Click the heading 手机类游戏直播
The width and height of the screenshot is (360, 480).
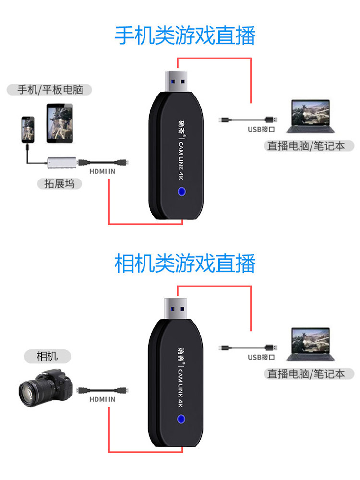click(185, 36)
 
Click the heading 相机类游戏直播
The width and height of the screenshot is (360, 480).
click(185, 264)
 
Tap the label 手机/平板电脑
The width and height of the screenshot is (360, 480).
click(48, 89)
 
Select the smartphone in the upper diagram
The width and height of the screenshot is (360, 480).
click(28, 128)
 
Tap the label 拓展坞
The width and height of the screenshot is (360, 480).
click(59, 183)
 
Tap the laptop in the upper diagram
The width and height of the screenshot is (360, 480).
click(310, 117)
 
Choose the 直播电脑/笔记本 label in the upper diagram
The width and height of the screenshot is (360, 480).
click(310, 146)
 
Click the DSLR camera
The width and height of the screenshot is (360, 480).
click(46, 388)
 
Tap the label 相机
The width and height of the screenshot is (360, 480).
click(47, 356)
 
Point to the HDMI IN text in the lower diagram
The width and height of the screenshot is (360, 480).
click(102, 399)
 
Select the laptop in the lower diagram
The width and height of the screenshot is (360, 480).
click(310, 344)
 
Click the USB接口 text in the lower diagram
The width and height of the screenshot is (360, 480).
click(261, 357)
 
